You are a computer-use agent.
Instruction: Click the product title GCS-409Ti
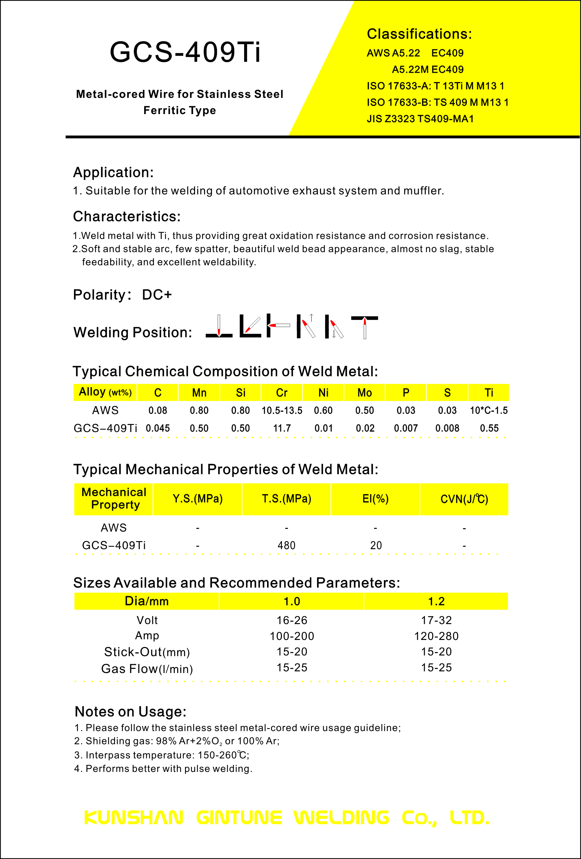click(185, 52)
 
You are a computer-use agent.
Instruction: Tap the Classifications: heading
click(419, 34)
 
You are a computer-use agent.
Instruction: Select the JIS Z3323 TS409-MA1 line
click(420, 119)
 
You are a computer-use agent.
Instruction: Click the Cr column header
click(282, 393)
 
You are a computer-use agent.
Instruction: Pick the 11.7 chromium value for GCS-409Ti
click(282, 428)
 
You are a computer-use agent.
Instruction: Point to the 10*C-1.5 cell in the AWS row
click(488, 410)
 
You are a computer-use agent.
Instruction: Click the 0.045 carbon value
click(158, 428)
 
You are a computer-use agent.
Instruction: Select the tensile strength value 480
click(286, 545)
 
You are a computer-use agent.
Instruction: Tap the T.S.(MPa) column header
click(286, 499)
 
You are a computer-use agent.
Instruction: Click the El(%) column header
click(375, 499)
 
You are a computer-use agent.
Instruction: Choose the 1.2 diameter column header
click(436, 601)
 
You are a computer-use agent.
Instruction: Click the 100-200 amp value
click(292, 636)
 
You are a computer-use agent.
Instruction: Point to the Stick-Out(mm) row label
click(147, 652)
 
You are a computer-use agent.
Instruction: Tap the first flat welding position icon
click(219, 326)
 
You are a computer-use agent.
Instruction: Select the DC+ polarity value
click(157, 295)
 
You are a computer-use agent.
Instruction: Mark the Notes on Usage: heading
click(130, 712)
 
